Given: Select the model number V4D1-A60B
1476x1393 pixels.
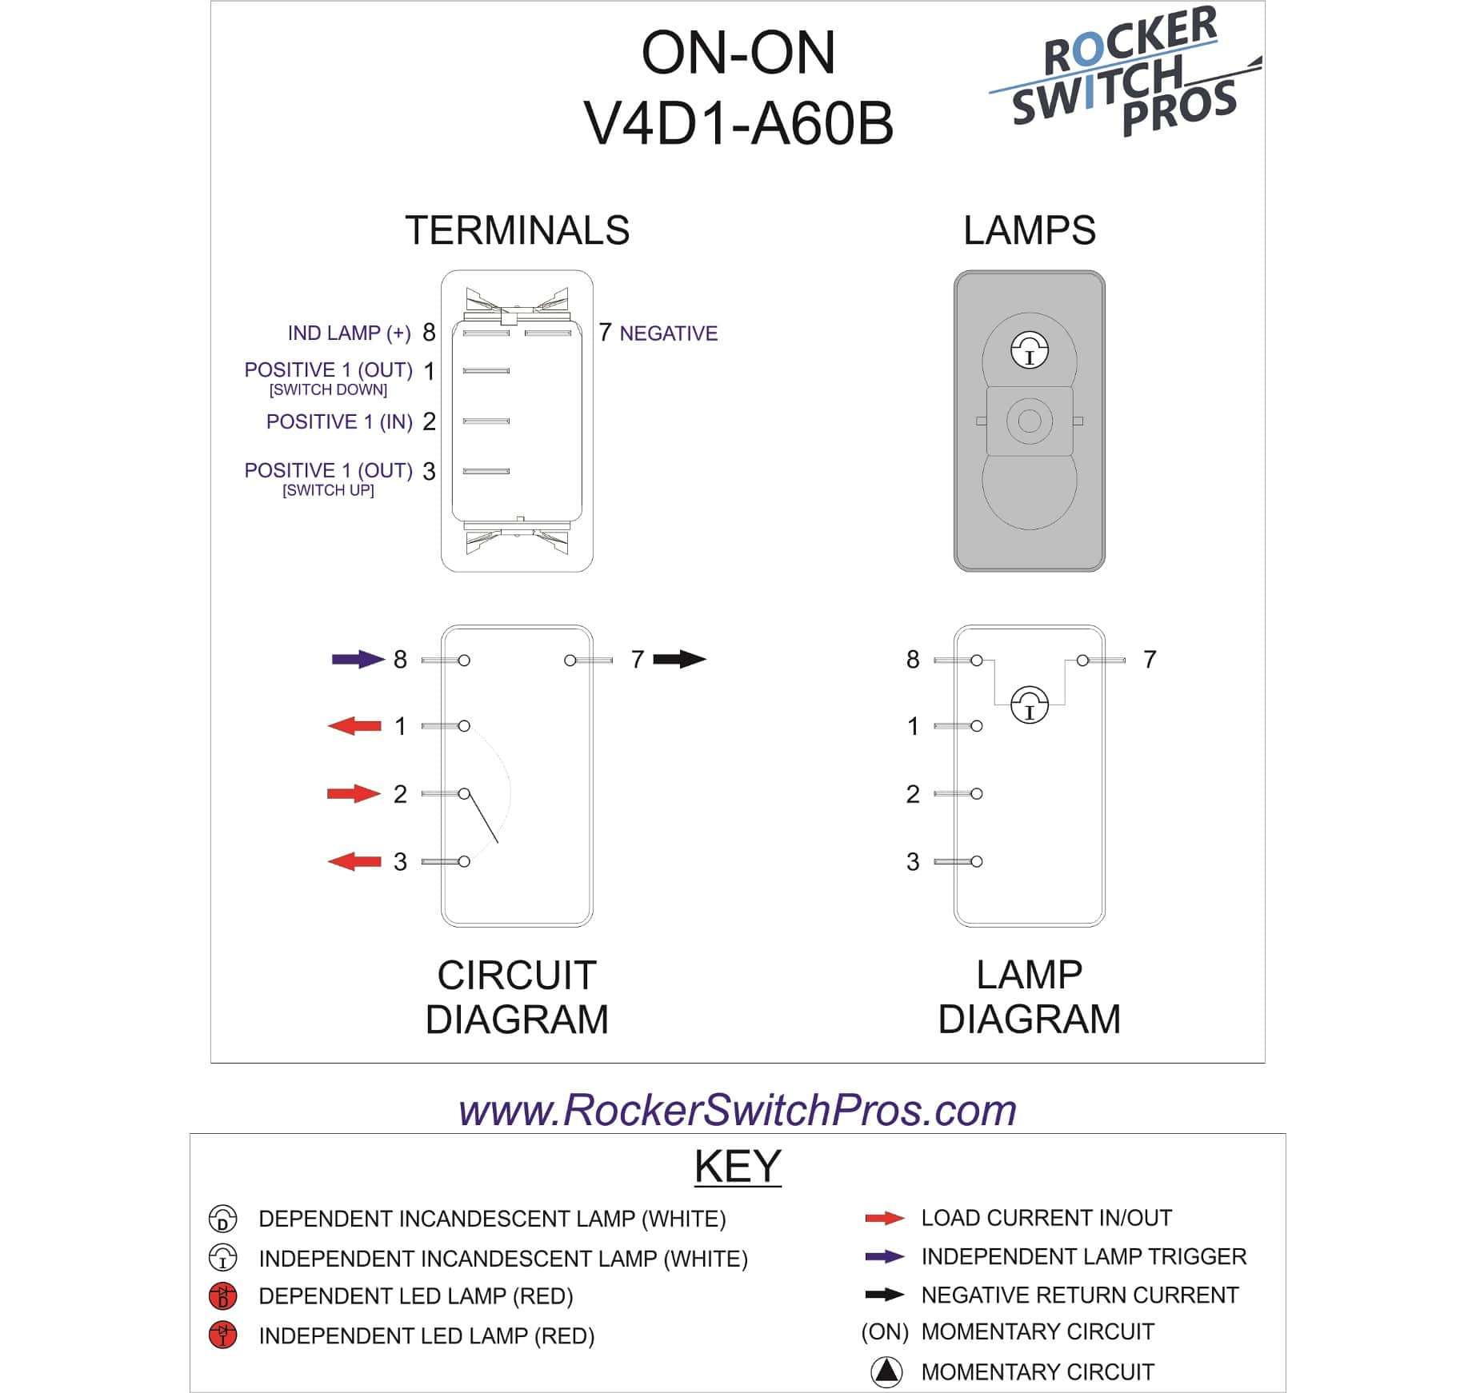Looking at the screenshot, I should (738, 124).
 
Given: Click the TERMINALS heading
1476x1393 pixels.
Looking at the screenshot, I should (517, 230).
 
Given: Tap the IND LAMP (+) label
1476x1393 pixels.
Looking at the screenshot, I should (349, 333).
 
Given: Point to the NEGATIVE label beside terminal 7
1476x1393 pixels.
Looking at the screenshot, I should (668, 333).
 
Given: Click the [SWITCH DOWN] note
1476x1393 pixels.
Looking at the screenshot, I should (328, 390).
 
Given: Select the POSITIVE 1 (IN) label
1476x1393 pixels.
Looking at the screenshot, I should (339, 421).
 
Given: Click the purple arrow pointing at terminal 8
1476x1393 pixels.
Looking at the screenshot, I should (358, 659).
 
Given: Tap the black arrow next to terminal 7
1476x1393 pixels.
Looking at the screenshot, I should (679, 659).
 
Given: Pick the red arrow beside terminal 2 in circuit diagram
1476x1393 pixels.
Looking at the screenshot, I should (353, 793).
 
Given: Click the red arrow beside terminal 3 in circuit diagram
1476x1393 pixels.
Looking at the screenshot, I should (354, 861).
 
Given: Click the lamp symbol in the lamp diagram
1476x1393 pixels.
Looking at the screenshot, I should (1029, 704).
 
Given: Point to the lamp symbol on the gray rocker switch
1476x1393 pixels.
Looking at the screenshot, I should (1030, 350).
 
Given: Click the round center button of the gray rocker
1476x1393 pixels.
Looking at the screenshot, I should (1030, 421).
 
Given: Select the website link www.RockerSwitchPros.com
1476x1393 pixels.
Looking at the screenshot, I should (737, 1110).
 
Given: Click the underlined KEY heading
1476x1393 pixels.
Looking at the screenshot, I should (737, 1166).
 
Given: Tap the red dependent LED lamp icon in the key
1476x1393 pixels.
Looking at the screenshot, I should (222, 1295).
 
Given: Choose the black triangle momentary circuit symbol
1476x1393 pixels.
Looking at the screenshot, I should (886, 1371).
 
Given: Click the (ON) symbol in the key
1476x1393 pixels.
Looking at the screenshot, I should (885, 1332).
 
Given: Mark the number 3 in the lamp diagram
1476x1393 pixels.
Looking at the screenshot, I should (913, 861).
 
